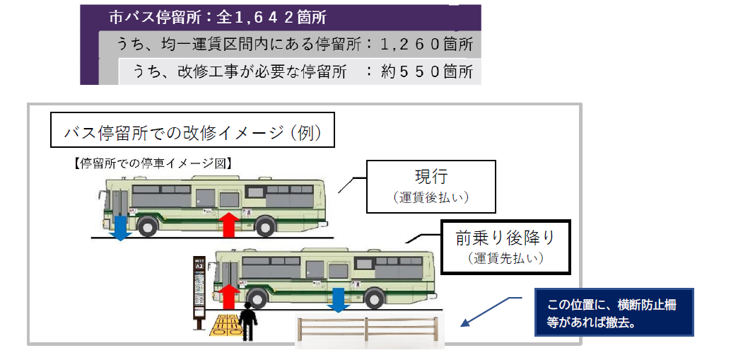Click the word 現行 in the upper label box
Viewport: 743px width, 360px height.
point(431,177)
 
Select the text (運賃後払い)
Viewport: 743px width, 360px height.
point(431,197)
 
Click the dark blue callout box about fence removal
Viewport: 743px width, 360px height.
point(614,312)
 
